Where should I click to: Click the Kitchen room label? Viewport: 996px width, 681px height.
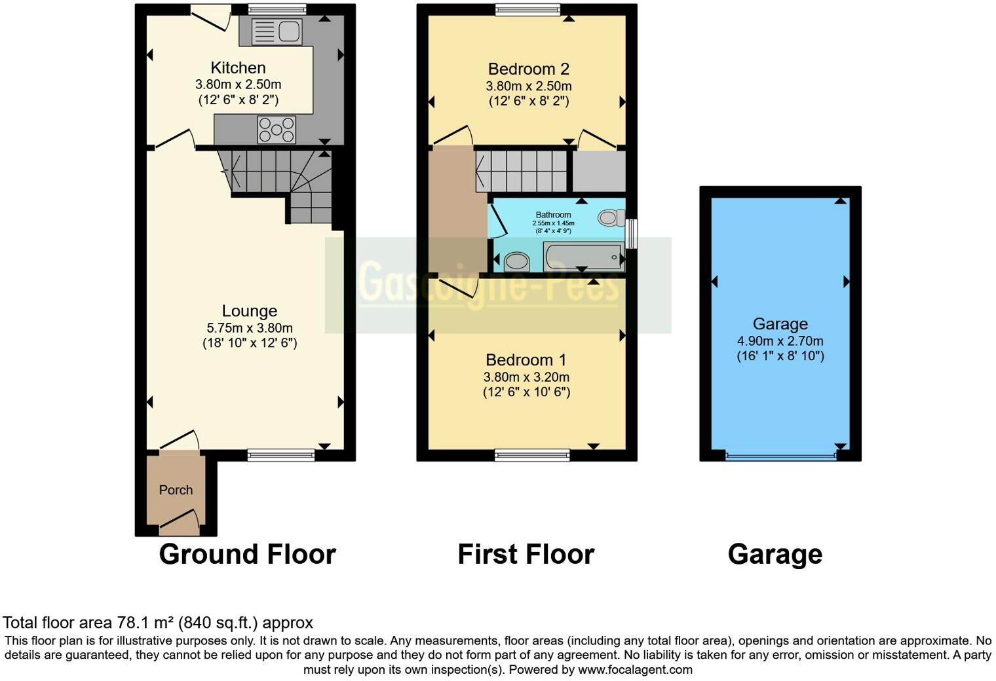[x=238, y=68]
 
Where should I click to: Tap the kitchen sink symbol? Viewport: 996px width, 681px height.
[x=277, y=31]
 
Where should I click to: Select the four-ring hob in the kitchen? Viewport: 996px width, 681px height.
[x=277, y=129]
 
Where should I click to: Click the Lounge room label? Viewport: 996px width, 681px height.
[x=249, y=311]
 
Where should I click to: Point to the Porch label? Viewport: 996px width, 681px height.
[x=176, y=490]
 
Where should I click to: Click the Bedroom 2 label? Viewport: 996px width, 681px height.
[x=528, y=69]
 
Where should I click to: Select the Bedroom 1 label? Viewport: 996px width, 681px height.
[x=526, y=360]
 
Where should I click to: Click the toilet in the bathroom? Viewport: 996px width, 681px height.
[x=611, y=217]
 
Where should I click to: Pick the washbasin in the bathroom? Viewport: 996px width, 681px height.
[x=517, y=262]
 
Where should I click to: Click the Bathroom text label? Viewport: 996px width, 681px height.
[x=553, y=215]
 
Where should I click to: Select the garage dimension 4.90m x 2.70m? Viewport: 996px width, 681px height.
[x=780, y=341]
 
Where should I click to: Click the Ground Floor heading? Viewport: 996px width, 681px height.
[x=247, y=554]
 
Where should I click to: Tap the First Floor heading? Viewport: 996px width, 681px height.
[x=526, y=554]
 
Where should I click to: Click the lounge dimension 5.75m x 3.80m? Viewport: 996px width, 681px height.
[x=249, y=328]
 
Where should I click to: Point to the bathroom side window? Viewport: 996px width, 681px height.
[x=632, y=234]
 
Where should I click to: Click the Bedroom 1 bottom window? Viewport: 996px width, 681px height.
[x=532, y=455]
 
